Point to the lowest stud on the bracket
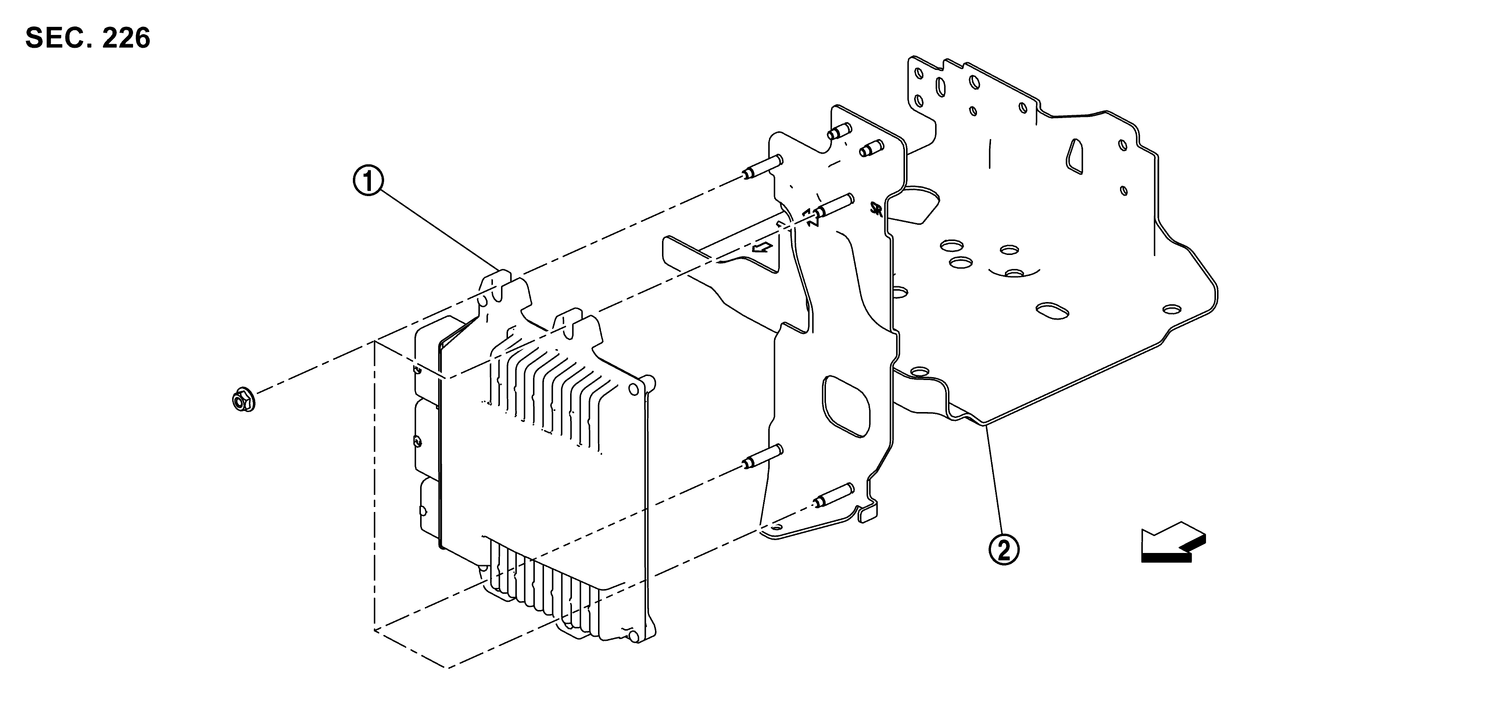833,495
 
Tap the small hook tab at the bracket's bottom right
867,513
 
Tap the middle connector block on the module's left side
427,439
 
